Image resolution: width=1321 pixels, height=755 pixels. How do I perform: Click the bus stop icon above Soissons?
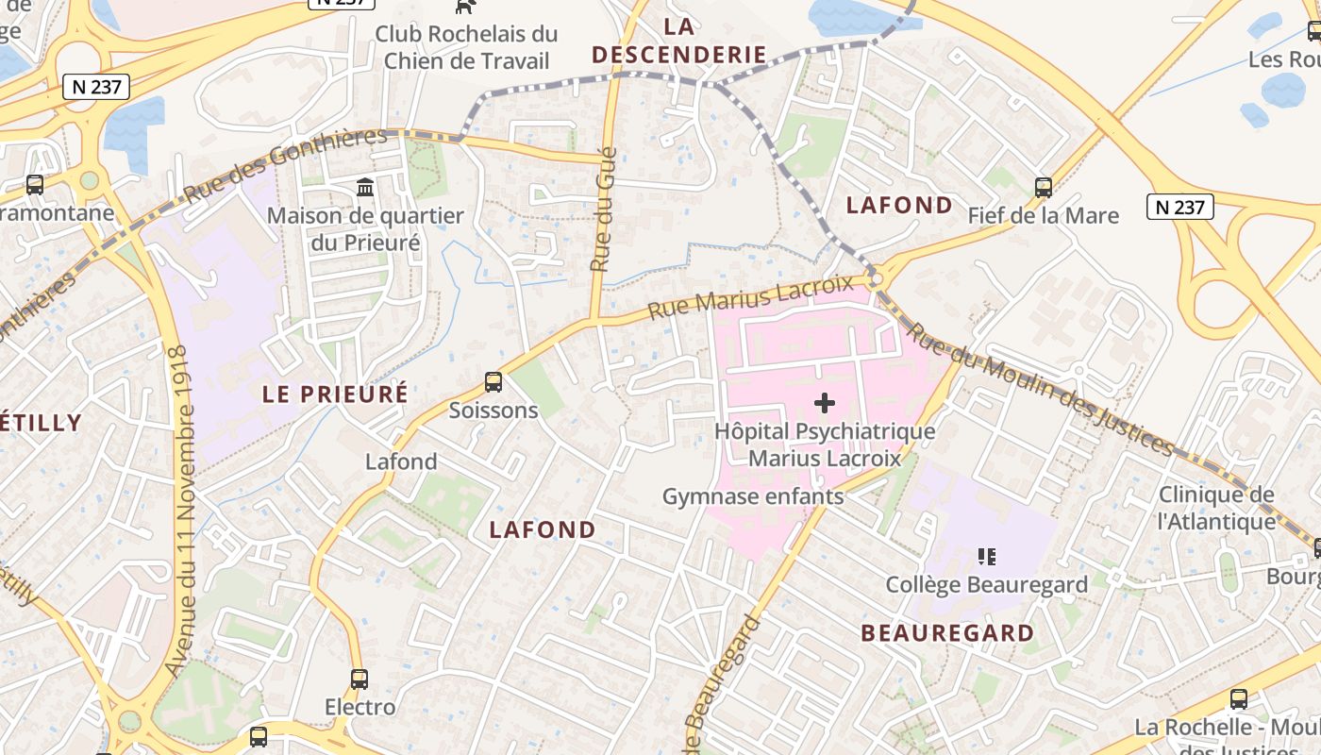click(493, 382)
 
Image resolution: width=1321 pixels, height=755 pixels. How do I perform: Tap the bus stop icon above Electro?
click(359, 679)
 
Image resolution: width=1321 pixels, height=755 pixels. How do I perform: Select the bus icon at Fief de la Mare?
click(1043, 187)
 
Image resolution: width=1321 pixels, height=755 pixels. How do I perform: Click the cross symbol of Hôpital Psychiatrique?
click(824, 403)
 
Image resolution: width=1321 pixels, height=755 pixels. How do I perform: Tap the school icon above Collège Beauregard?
click(987, 557)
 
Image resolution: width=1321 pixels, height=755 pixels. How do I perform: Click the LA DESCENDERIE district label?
click(678, 40)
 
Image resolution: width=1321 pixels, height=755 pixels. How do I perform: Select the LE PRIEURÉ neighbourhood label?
click(335, 394)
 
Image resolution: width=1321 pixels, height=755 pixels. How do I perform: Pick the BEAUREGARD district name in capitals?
click(947, 633)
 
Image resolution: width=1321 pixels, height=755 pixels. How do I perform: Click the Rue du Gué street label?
click(603, 210)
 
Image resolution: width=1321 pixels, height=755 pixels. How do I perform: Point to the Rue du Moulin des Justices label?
click(1043, 387)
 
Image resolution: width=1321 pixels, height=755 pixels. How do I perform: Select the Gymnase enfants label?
click(752, 496)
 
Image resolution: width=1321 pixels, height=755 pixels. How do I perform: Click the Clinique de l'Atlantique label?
click(1216, 508)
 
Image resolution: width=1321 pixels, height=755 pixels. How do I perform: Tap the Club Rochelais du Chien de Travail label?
click(466, 47)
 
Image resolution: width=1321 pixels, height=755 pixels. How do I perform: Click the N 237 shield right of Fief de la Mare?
click(1179, 207)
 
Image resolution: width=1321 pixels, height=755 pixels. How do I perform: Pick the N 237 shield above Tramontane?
click(95, 87)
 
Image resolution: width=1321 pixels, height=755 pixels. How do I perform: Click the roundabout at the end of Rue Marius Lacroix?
click(876, 278)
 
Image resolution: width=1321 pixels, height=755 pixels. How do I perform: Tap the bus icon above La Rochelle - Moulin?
click(1238, 699)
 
